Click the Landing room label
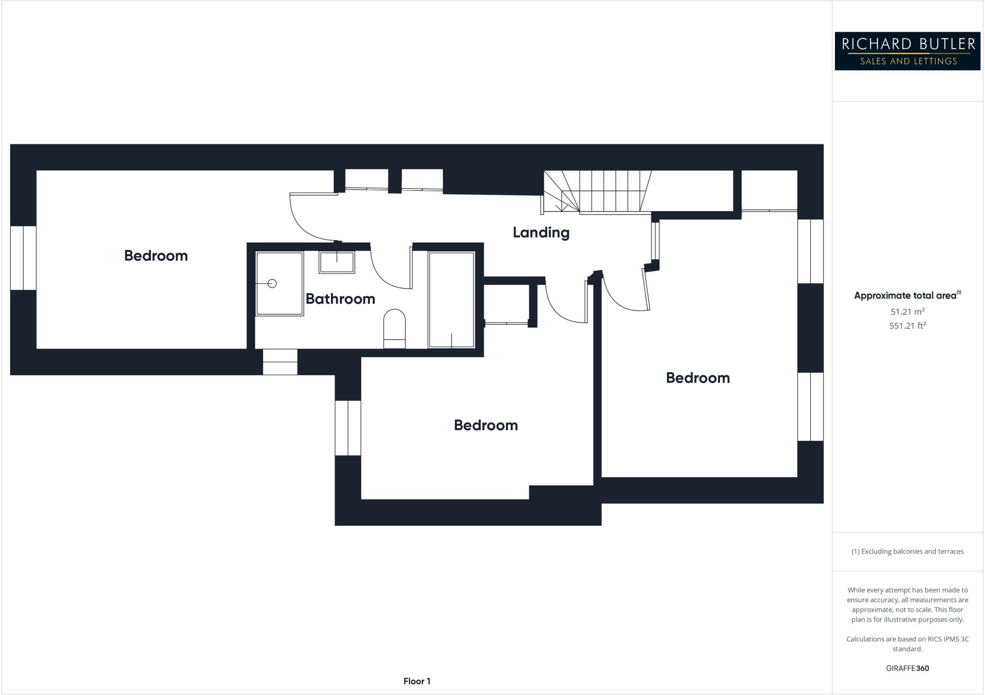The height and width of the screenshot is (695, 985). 541,233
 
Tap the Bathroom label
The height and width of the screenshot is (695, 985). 340,299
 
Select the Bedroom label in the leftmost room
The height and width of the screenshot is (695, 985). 156,256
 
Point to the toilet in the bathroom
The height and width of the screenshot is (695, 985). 394,328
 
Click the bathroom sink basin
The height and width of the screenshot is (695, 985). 337,262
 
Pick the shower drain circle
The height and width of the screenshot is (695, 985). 272,284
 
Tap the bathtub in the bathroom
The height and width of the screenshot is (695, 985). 451,299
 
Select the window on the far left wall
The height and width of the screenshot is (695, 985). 23,258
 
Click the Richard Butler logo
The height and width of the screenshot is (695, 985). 907,51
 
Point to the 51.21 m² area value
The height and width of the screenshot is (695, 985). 907,311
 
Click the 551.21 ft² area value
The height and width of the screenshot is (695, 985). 907,326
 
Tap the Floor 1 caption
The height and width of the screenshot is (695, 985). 417,681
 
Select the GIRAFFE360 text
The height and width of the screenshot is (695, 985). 907,668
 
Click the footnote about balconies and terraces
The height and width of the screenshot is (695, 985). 907,551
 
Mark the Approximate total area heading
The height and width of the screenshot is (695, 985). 906,296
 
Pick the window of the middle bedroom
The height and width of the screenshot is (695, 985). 348,428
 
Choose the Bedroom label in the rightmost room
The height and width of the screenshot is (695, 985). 698,378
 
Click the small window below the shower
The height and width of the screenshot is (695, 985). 280,362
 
